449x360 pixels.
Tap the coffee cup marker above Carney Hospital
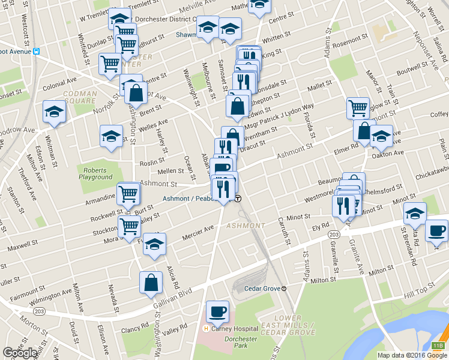point(217,312)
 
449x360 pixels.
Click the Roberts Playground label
point(95,173)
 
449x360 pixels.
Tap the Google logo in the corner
point(20,353)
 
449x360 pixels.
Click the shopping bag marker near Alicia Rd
point(151,283)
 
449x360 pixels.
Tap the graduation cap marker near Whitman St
point(54,112)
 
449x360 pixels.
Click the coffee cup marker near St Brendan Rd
point(436,232)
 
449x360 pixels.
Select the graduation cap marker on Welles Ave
point(111,136)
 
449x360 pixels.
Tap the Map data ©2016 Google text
point(412,355)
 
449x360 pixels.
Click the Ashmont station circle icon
point(238,199)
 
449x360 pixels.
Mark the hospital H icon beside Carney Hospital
point(206,329)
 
